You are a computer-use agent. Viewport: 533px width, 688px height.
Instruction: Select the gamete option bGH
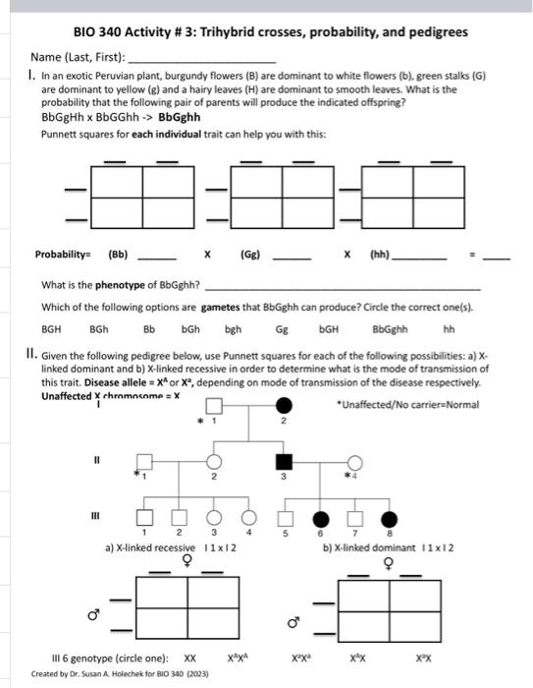(x=329, y=330)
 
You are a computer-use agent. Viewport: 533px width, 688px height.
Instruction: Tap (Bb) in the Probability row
(x=118, y=254)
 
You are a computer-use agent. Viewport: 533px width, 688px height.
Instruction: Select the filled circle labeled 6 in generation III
(x=320, y=518)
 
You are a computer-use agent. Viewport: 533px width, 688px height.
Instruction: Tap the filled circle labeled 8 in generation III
(x=391, y=518)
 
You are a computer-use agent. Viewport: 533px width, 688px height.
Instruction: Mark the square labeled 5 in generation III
(x=285, y=518)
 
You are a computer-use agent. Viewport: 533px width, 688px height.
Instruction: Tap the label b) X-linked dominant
(x=371, y=546)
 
